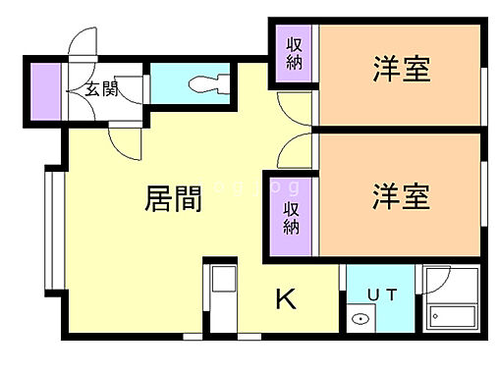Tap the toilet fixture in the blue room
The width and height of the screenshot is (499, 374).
click(209, 80)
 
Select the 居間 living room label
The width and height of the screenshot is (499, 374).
click(174, 198)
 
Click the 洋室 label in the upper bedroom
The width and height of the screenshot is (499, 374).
click(402, 71)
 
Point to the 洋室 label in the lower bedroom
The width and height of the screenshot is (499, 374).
click(401, 195)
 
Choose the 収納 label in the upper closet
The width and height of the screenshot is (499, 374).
click(294, 55)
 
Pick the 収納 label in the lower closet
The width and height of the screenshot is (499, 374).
click(291, 217)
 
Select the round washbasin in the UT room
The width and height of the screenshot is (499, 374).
click(360, 319)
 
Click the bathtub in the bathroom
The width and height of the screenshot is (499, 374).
click(451, 317)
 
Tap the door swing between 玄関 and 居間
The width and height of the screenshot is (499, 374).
click(124, 142)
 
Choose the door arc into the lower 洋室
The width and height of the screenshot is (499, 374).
click(294, 150)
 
